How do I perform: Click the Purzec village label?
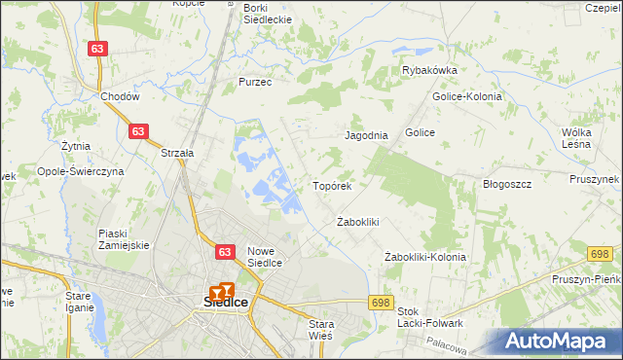point(255,83)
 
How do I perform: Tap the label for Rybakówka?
point(430,71)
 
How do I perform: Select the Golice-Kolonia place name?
point(466,97)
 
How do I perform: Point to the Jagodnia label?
point(367,136)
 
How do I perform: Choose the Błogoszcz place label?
point(506,184)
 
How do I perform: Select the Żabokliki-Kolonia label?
point(425,257)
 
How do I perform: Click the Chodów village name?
point(121,97)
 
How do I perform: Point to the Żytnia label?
point(75,147)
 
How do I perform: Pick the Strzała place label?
point(178,153)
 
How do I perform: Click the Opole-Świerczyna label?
point(81,171)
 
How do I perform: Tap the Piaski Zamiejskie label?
point(124,239)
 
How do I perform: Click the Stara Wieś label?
point(320,329)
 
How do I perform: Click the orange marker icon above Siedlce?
point(222,289)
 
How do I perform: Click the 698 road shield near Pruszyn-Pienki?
point(599,254)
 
